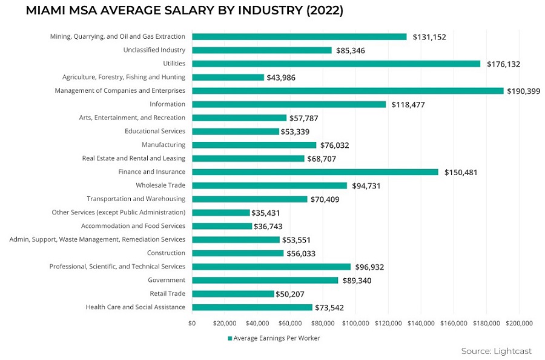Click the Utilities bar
click(x=336, y=64)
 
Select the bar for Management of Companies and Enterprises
click(x=348, y=91)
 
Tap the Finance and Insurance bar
click(x=315, y=172)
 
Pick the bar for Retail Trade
click(x=233, y=294)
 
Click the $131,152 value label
click(x=429, y=37)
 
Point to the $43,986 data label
click(x=281, y=78)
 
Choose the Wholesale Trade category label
click(x=160, y=185)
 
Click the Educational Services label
click(x=155, y=132)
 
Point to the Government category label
click(x=167, y=280)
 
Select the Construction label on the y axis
click(x=166, y=253)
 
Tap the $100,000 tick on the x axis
click(x=355, y=323)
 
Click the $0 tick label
click(x=192, y=323)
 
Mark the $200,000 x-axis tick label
click(x=519, y=323)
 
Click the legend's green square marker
click(x=230, y=338)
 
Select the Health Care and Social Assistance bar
click(x=252, y=307)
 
